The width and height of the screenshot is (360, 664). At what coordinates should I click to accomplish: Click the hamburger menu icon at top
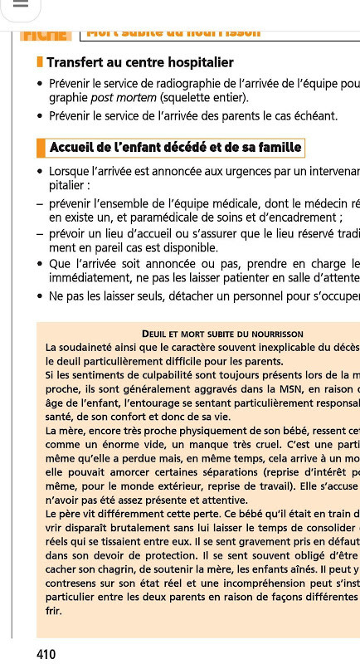pos(22,7)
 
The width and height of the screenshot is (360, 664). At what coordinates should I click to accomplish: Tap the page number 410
pos(46,654)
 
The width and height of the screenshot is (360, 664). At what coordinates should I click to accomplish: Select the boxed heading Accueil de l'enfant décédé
pos(174,148)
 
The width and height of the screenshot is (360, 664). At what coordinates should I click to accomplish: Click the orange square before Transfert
pos(40,62)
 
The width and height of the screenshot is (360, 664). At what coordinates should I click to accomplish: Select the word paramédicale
pos(163,217)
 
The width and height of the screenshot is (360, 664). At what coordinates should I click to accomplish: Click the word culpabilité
pos(153,376)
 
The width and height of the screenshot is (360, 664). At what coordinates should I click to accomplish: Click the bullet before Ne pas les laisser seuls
pos(40,296)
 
